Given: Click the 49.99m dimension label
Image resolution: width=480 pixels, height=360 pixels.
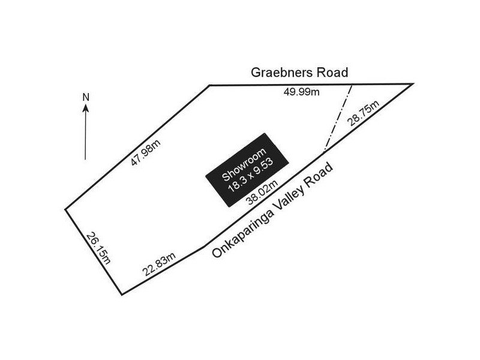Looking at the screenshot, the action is pyautogui.click(x=302, y=92).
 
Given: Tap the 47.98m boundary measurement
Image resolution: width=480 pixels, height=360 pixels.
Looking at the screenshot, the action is pyautogui.click(x=146, y=153).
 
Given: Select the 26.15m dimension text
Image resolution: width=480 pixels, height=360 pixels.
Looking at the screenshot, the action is pyautogui.click(x=98, y=248).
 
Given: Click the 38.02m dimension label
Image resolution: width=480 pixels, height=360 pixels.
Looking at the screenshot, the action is pyautogui.click(x=263, y=192).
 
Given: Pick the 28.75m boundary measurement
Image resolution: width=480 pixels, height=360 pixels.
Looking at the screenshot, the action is pyautogui.click(x=364, y=113).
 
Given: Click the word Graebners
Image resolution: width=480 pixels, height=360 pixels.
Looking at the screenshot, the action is pyautogui.click(x=282, y=73).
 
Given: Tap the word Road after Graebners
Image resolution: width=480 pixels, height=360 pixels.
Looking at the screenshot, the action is pyautogui.click(x=332, y=73).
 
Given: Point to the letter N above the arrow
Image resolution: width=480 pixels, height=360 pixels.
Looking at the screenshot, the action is pyautogui.click(x=86, y=97).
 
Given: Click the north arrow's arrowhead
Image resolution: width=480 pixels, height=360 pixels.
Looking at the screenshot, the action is pyautogui.click(x=86, y=108).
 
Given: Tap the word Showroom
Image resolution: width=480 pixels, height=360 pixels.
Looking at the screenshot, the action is pyautogui.click(x=244, y=164).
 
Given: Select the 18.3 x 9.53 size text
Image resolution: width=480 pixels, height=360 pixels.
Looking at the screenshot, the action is pyautogui.click(x=251, y=175).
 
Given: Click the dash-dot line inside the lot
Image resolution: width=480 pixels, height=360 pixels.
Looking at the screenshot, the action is pyautogui.click(x=338, y=118).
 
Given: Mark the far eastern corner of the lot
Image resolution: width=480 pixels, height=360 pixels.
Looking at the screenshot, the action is pyautogui.click(x=413, y=83).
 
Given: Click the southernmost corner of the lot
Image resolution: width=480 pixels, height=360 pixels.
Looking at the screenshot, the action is pyautogui.click(x=122, y=295).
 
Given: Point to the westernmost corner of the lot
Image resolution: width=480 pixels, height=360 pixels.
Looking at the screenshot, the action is pyautogui.click(x=65, y=209).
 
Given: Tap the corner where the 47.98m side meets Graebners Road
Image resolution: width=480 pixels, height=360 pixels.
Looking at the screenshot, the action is pyautogui.click(x=209, y=85).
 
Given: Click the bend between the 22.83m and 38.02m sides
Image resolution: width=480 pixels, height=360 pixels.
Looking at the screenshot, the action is pyautogui.click(x=204, y=246).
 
